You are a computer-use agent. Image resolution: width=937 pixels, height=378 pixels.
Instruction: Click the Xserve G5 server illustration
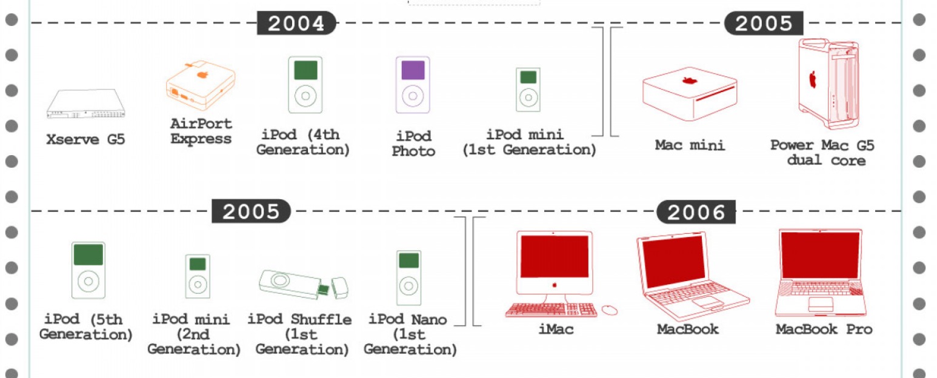(85, 104)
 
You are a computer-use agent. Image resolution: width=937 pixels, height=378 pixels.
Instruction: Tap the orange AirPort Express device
(199, 85)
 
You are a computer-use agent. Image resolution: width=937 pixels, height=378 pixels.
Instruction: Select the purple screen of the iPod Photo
(413, 70)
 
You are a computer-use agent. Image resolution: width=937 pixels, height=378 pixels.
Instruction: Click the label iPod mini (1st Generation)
(529, 142)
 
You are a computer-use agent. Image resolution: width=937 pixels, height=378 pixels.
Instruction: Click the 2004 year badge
(296, 23)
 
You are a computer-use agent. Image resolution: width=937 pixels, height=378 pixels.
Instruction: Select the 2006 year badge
(696, 212)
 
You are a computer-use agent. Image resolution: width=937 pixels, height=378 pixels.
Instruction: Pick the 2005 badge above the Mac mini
(764, 23)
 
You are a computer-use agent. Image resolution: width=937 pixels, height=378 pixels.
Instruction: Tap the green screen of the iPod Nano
(408, 261)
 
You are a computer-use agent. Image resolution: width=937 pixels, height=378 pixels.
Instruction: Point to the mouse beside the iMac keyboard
(609, 310)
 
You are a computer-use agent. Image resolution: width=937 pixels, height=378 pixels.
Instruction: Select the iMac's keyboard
(552, 310)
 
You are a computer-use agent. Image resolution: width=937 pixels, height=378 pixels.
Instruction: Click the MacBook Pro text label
(824, 330)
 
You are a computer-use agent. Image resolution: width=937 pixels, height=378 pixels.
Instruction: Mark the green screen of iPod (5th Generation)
(88, 254)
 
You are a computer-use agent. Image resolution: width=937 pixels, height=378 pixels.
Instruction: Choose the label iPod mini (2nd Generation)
(194, 334)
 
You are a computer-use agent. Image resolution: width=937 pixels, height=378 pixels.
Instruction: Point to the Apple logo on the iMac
(553, 284)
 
